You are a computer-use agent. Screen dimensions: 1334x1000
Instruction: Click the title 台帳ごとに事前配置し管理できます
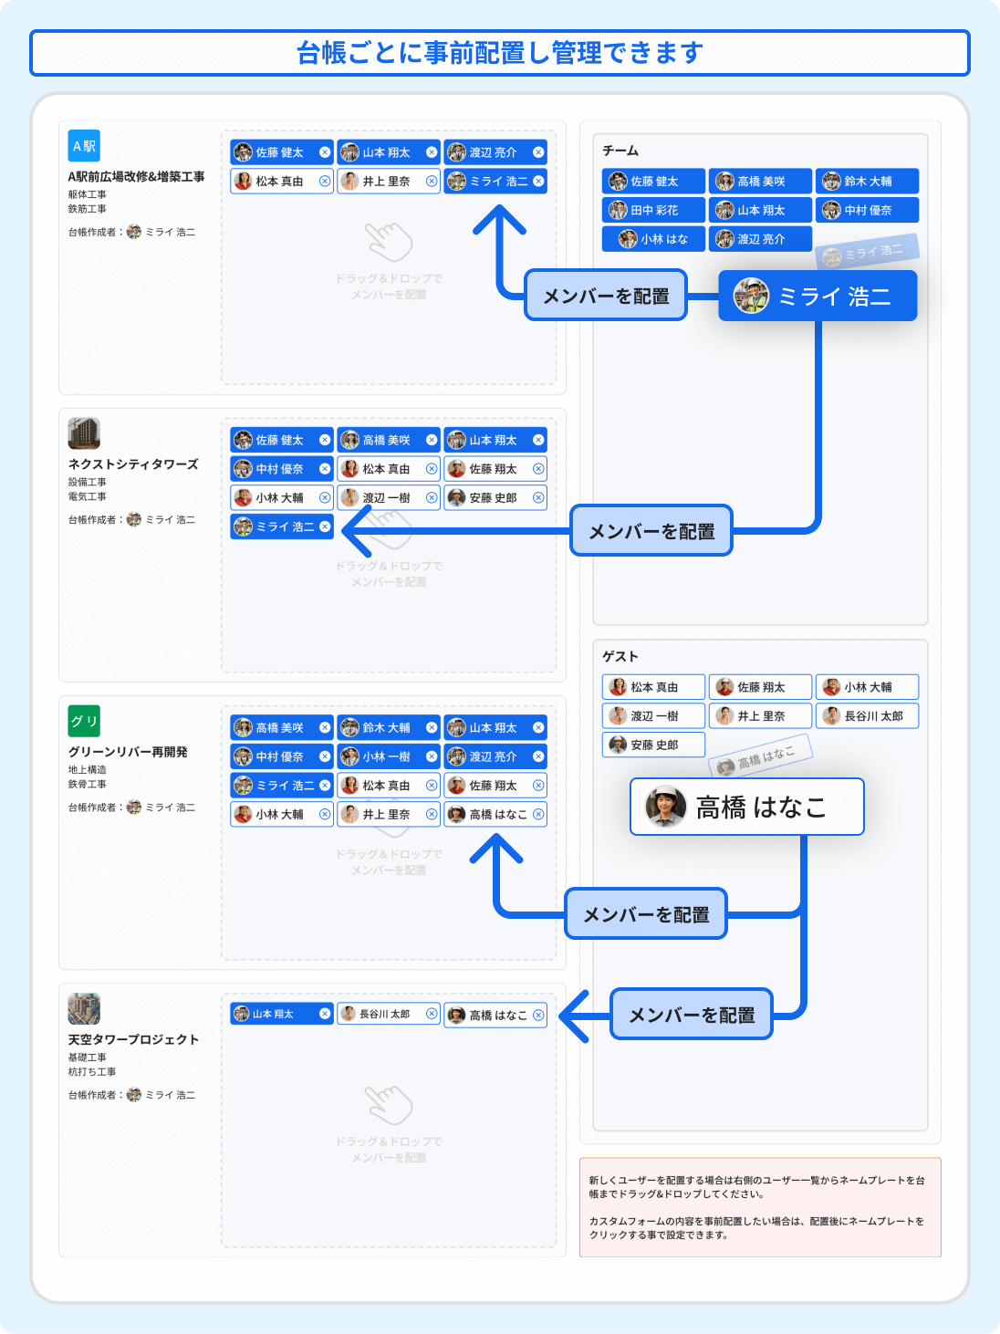click(x=499, y=53)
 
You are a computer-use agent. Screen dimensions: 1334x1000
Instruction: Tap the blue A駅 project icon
click(x=84, y=146)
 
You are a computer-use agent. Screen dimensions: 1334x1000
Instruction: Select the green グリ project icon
click(x=84, y=721)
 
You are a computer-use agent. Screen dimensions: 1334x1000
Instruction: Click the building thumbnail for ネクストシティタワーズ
click(x=84, y=433)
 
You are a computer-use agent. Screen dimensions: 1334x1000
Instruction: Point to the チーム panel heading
click(x=620, y=151)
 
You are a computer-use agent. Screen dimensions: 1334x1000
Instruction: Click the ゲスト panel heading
click(x=620, y=656)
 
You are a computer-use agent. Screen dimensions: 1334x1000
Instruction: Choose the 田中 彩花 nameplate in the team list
click(x=653, y=210)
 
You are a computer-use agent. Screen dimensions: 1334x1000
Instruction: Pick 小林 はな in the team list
click(x=653, y=239)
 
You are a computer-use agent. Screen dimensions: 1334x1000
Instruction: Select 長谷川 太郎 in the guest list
click(x=867, y=716)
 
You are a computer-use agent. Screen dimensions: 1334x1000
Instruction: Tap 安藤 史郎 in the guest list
click(x=653, y=745)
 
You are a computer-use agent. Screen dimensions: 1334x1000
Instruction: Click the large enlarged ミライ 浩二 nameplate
click(x=818, y=296)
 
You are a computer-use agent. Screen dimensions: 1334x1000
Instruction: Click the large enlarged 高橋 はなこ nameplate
click(x=746, y=807)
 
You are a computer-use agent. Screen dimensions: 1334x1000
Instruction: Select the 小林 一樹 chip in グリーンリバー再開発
click(x=386, y=756)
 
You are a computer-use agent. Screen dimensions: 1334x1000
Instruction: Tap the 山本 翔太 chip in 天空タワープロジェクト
click(x=279, y=1014)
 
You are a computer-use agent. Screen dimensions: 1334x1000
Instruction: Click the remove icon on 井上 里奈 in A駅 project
click(x=432, y=182)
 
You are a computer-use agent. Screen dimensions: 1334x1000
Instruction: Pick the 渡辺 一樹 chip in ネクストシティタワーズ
click(x=386, y=498)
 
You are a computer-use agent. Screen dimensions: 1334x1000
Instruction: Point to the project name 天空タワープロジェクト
click(x=133, y=1039)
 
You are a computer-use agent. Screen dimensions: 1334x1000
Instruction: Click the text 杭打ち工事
click(x=92, y=1072)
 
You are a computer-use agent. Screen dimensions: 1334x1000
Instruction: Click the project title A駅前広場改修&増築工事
click(x=136, y=177)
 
